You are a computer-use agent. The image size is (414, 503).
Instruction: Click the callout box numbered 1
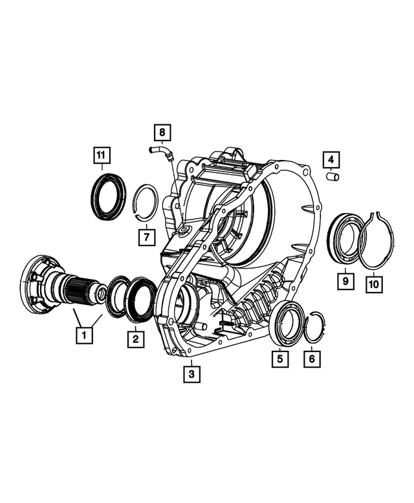pos(83,335)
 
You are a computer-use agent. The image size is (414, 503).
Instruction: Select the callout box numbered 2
pos(135,337)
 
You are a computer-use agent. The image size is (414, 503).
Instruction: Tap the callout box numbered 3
pos(191,374)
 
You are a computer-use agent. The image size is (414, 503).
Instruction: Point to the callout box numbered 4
pos(331,159)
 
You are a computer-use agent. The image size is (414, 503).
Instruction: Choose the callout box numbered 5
pos(279,357)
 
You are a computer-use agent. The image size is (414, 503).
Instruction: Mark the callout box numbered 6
pos(311,357)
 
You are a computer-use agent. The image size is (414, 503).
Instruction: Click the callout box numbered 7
pos(147,236)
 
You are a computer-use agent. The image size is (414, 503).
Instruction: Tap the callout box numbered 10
pos(373,283)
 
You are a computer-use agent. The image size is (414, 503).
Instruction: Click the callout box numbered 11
pos(100,156)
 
